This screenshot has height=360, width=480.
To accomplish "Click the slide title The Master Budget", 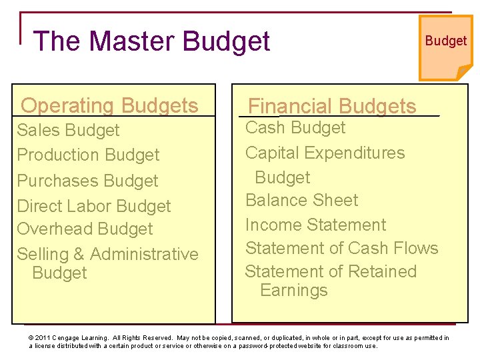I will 151,41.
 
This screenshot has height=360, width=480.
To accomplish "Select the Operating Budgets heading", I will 109,105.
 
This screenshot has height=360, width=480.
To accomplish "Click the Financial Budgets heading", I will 332,106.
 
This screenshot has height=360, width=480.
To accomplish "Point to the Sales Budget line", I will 68,130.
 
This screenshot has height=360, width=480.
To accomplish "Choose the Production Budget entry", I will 88,155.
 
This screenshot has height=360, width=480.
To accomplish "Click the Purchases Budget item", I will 87,181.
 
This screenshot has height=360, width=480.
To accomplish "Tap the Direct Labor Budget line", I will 94,206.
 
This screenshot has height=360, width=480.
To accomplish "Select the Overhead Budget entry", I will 85,229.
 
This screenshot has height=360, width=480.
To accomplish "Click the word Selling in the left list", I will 43,254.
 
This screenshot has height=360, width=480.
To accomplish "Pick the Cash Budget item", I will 295,127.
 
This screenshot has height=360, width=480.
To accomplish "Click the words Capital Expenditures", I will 325,153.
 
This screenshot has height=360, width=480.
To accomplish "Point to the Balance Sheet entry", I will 301,200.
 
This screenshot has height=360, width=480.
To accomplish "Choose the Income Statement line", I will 315,225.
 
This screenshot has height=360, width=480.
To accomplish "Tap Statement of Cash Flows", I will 341,248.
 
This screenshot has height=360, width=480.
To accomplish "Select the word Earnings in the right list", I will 294,290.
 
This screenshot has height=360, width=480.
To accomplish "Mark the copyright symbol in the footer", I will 31,338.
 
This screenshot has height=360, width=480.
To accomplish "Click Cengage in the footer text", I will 70,338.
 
